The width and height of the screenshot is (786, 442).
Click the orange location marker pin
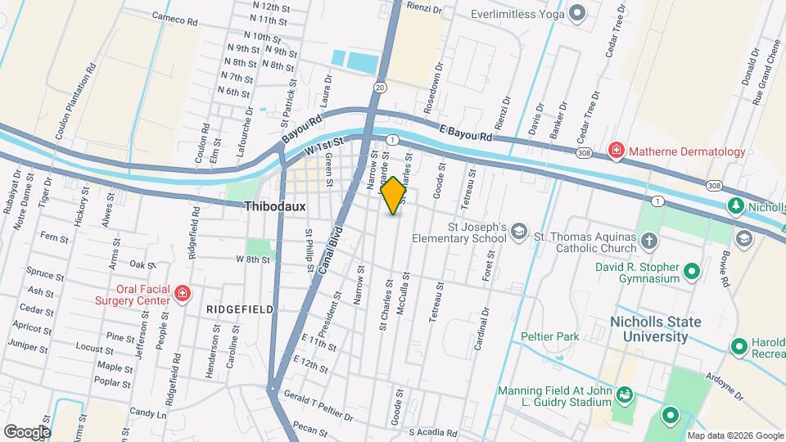pyautogui.click(x=394, y=196)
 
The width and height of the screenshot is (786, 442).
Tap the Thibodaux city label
pyautogui.click(x=274, y=207)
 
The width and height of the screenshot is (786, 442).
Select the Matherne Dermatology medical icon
pyautogui.click(x=616, y=151)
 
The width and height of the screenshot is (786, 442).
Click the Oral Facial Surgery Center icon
pyautogui.click(x=183, y=292)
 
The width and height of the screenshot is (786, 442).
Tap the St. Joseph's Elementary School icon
pyautogui.click(x=518, y=233)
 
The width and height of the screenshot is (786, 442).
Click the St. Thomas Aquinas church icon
pyautogui.click(x=648, y=241)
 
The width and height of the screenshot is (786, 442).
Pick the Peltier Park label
pyautogui.click(x=549, y=336)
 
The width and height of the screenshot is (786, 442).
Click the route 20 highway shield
pyautogui.click(x=379, y=86)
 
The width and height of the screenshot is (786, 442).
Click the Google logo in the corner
pyautogui.click(x=27, y=431)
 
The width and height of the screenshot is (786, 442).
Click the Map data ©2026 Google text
pyautogui.click(x=734, y=435)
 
